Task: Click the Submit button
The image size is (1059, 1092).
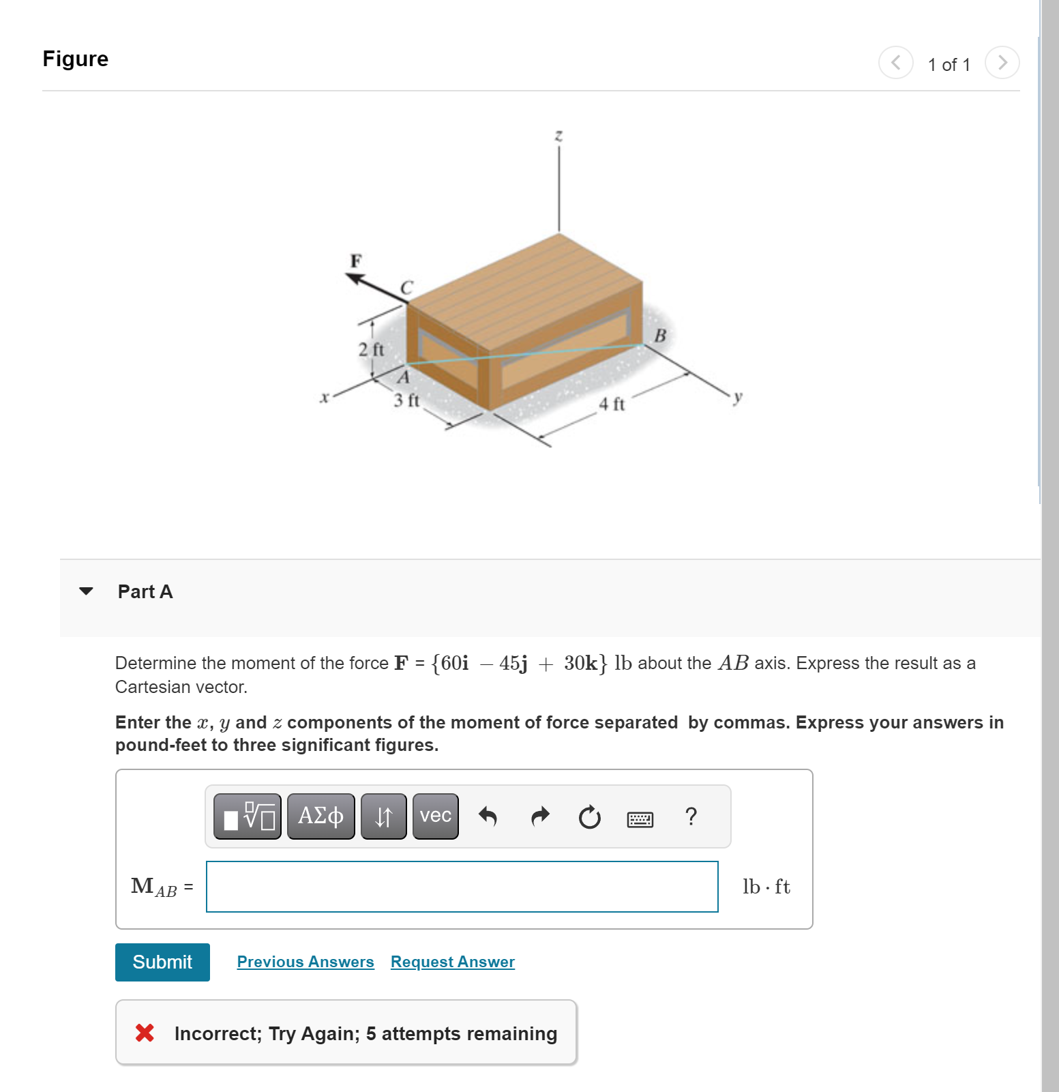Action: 162,962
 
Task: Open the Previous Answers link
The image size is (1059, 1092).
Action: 305,962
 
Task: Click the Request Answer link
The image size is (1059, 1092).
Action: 452,962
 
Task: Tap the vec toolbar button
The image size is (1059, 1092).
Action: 435,816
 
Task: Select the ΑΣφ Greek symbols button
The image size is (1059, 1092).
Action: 320,816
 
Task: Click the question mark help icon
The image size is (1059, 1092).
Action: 691,816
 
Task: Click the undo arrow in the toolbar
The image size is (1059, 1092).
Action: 488,816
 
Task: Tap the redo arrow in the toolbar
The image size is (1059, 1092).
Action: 540,816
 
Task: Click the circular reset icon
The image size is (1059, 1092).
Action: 589,816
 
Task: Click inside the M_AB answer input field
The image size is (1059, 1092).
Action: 462,886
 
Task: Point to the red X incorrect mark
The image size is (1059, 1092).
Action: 145,1033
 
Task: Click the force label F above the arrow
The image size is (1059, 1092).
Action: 355,261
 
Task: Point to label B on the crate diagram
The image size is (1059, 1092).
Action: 659,336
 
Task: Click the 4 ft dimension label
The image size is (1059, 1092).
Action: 612,404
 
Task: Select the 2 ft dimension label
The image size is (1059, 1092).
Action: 372,349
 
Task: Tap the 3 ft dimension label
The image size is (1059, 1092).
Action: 406,400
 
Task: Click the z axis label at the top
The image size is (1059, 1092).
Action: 558,136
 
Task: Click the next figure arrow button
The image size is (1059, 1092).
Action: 1002,63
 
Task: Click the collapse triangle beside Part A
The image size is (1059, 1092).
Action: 86,591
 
